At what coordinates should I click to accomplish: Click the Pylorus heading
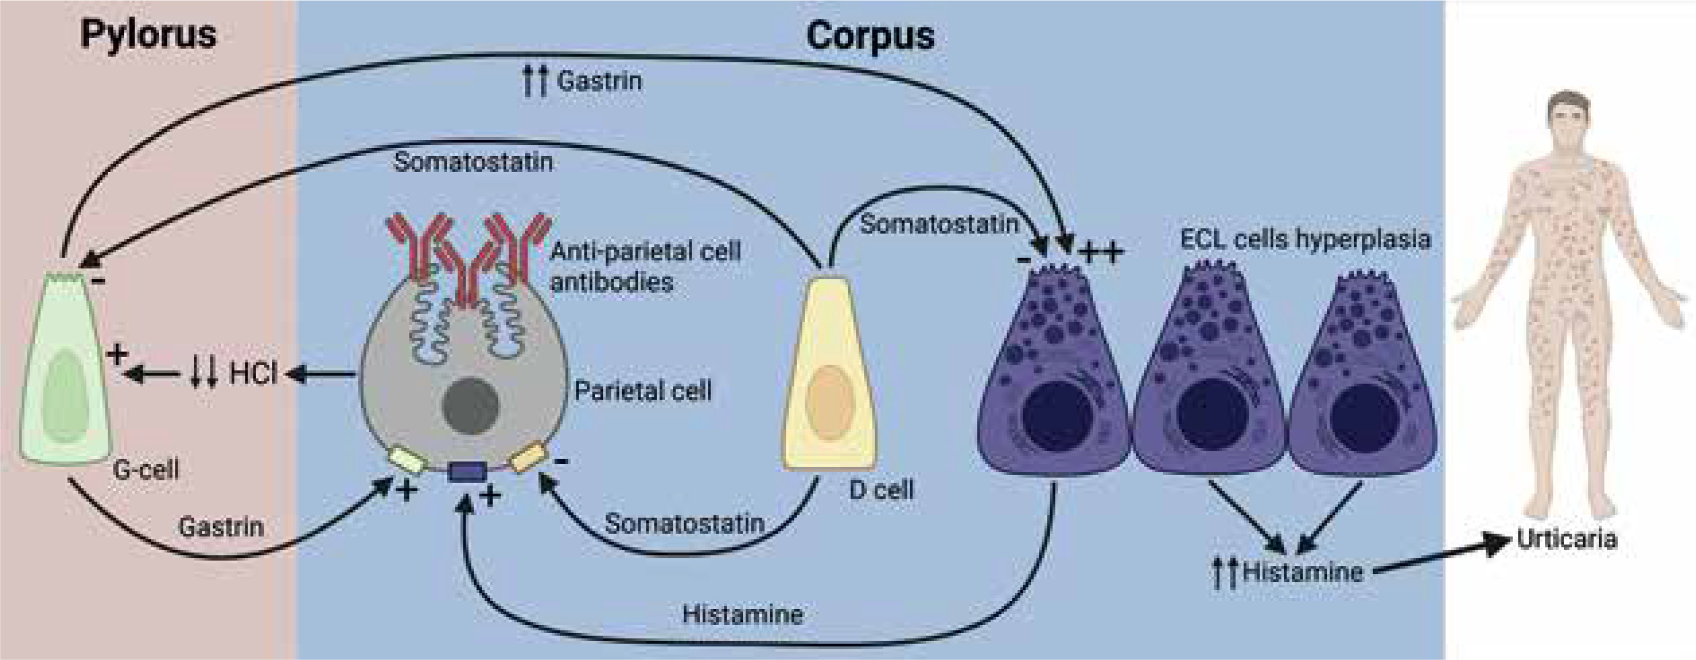click(148, 34)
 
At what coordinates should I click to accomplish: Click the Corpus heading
click(870, 36)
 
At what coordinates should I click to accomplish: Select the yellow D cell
click(829, 375)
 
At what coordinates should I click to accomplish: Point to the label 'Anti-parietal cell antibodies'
click(645, 266)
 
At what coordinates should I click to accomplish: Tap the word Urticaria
click(1566, 540)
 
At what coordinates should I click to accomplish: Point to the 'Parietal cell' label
click(643, 391)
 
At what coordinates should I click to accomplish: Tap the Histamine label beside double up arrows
click(1301, 571)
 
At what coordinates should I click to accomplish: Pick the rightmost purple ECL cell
click(1362, 382)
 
